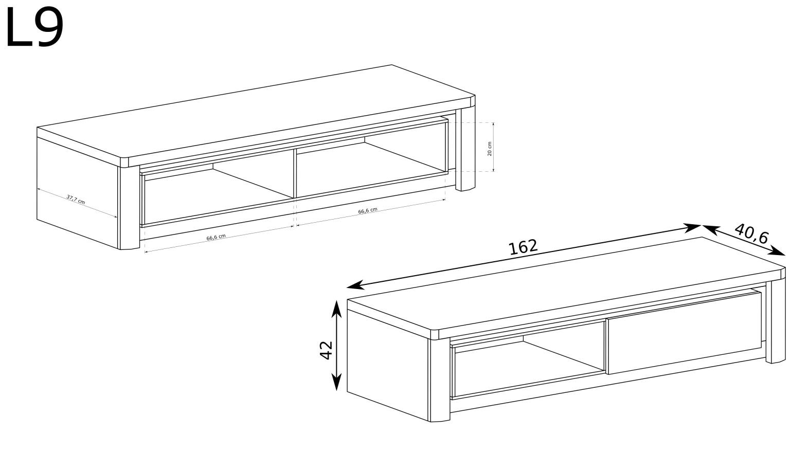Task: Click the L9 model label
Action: [x=34, y=28]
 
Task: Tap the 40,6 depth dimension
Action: [x=751, y=234]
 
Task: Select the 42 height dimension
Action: [x=327, y=350]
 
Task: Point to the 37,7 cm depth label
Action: [x=76, y=200]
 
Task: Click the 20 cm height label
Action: [x=490, y=149]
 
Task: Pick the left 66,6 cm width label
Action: [x=216, y=237]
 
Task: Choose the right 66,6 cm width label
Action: [x=368, y=210]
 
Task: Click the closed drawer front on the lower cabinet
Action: [x=685, y=332]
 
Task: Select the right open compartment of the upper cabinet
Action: [x=371, y=159]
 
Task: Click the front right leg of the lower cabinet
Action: [x=776, y=321]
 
